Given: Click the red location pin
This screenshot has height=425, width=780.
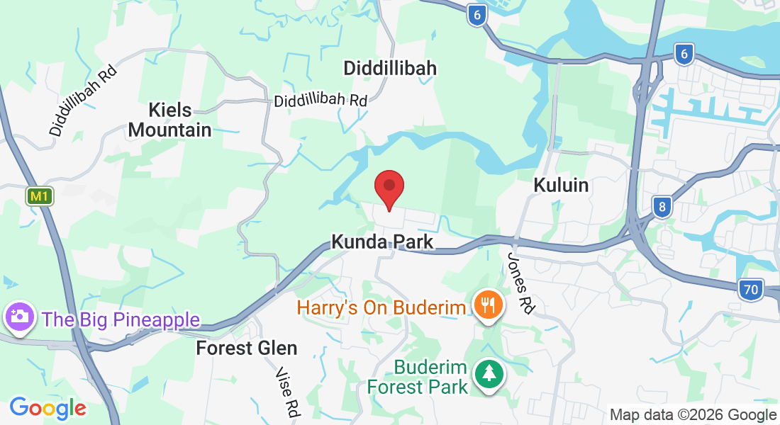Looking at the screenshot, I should pos(389,188).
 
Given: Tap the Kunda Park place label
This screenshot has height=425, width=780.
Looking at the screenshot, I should pos(382,242).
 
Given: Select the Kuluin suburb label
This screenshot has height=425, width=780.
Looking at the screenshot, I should pos(561,185).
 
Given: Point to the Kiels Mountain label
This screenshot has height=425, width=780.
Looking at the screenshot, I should pos(180,120).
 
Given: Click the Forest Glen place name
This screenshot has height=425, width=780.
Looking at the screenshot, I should pos(247,348).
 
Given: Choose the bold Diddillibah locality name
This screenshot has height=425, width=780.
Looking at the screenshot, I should pos(390,68).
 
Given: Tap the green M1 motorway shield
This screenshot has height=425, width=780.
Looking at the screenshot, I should pos(40,196).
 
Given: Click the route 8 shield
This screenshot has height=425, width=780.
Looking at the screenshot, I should pos(662,207).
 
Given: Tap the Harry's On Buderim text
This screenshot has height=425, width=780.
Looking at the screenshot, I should pos(381,308).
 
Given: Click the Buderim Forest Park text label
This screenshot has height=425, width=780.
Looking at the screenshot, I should pos(418,378).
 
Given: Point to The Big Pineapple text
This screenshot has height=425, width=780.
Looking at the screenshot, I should pos(121,319).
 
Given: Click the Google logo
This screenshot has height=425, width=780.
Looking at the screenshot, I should pos(48,408).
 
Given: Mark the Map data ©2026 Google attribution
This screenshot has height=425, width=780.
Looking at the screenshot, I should pos(693,415).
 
